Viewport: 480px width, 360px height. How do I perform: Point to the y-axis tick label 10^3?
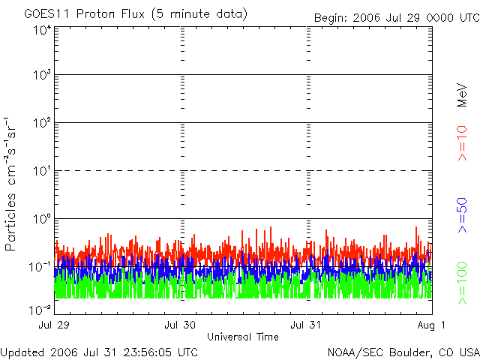[x=41, y=76]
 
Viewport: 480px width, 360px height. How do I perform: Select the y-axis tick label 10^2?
[x=41, y=124]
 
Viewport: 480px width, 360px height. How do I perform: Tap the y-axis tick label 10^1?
[x=41, y=172]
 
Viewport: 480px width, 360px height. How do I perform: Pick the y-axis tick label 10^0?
[x=41, y=220]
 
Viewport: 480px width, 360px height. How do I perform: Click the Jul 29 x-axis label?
[x=55, y=325]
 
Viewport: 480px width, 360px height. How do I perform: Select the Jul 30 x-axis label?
[x=181, y=325]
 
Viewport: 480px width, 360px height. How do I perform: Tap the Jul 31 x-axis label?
[x=306, y=325]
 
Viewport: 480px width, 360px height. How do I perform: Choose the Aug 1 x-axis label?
[x=432, y=325]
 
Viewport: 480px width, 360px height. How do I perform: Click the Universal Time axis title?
[x=243, y=337]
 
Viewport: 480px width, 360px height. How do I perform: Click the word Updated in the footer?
[x=22, y=352]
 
